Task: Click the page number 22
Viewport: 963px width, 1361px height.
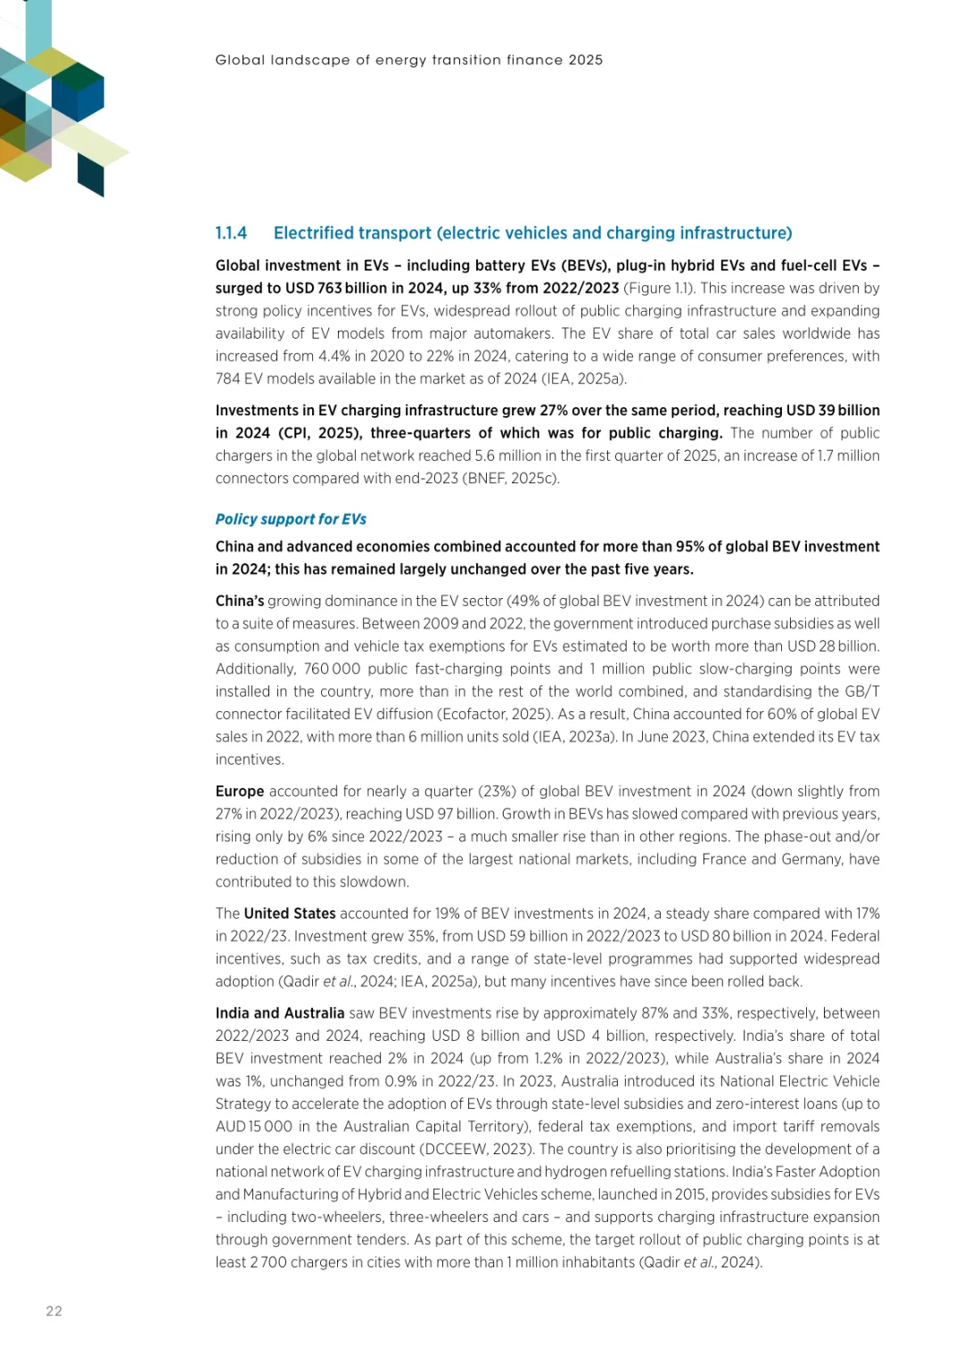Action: pos(54,1311)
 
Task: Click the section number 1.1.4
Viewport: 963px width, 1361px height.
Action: pos(231,234)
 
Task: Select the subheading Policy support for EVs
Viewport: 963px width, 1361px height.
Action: pos(291,520)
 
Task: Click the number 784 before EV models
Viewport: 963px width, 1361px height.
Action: pos(227,379)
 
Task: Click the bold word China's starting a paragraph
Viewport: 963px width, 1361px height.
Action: pos(240,602)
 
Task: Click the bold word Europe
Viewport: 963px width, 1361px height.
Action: pos(240,791)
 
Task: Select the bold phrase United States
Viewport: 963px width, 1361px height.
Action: pos(290,914)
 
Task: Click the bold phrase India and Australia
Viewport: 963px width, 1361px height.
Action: pos(280,1013)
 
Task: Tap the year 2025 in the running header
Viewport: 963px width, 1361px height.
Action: pos(585,61)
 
